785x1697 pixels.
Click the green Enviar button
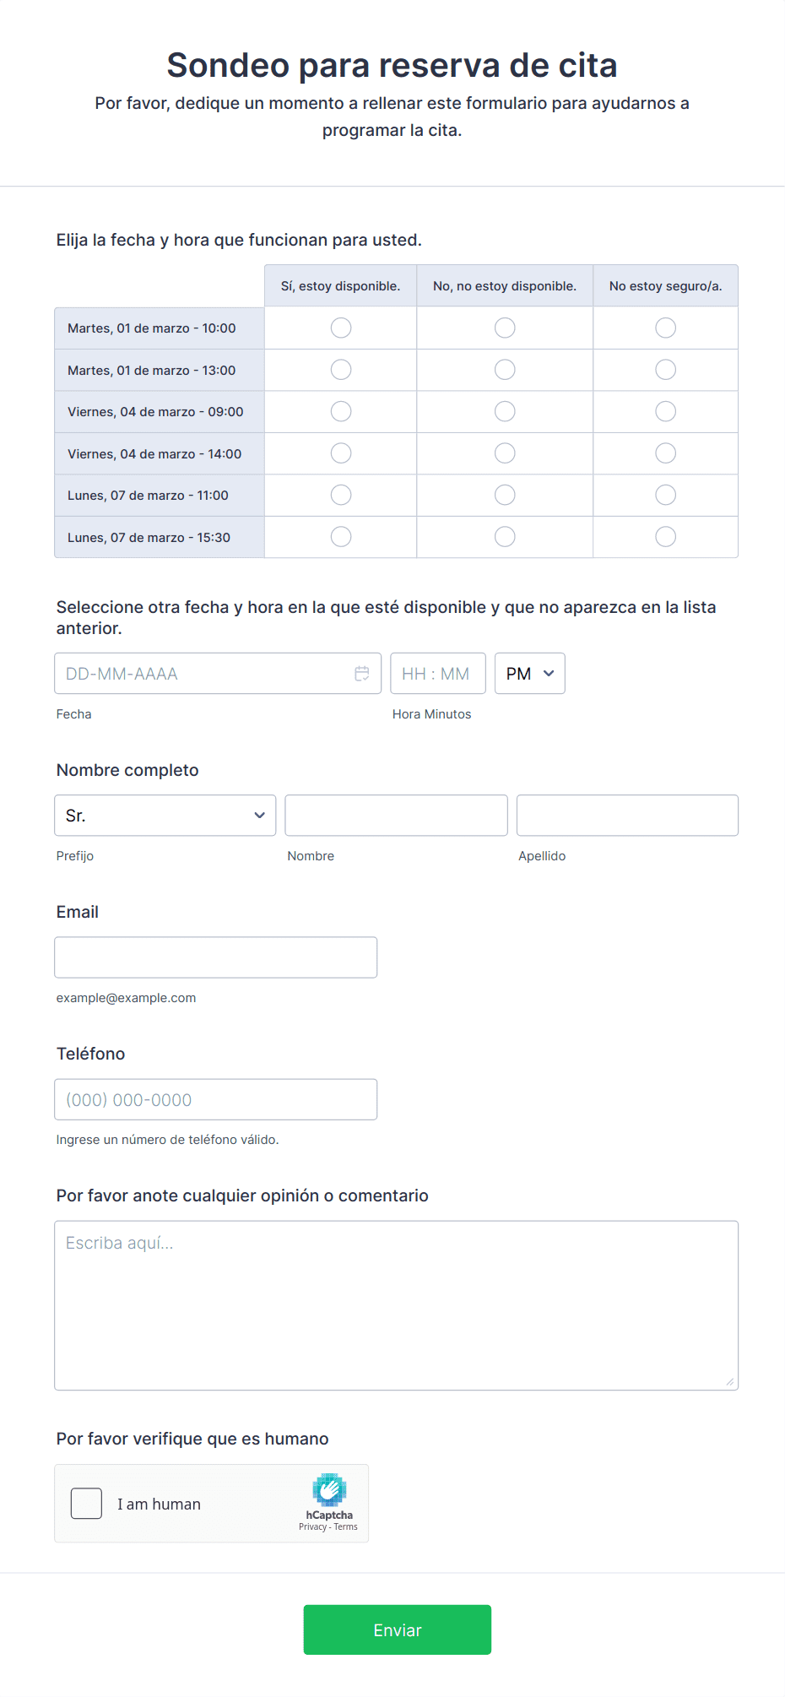pyautogui.click(x=397, y=1629)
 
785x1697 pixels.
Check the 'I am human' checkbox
pyautogui.click(x=86, y=1504)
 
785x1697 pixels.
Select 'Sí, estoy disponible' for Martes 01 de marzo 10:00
pyautogui.click(x=341, y=328)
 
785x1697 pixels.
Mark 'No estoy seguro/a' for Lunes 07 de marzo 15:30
pyautogui.click(x=665, y=537)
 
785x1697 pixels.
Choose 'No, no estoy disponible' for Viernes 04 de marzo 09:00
pyautogui.click(x=505, y=411)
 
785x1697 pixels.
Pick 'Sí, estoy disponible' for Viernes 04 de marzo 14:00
pyautogui.click(x=341, y=453)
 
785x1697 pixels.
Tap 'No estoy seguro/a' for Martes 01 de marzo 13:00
pyautogui.click(x=665, y=370)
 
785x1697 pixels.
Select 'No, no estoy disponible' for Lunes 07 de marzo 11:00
pyautogui.click(x=505, y=495)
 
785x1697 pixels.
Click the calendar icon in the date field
pyautogui.click(x=362, y=674)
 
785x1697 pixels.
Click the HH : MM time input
pyautogui.click(x=437, y=674)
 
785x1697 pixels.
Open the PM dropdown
pyautogui.click(x=529, y=674)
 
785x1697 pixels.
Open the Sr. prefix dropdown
pyautogui.click(x=165, y=816)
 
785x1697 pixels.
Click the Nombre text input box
pyautogui.click(x=396, y=816)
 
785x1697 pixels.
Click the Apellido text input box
pyautogui.click(x=627, y=816)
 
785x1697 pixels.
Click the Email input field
pyautogui.click(x=215, y=957)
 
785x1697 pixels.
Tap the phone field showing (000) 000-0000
pyautogui.click(x=215, y=1099)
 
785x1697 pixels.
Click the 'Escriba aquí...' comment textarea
pyautogui.click(x=396, y=1305)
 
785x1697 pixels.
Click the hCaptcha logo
pyautogui.click(x=329, y=1491)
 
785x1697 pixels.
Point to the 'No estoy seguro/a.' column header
pyautogui.click(x=665, y=286)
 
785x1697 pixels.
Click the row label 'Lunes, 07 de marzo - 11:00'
pyautogui.click(x=148, y=496)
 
